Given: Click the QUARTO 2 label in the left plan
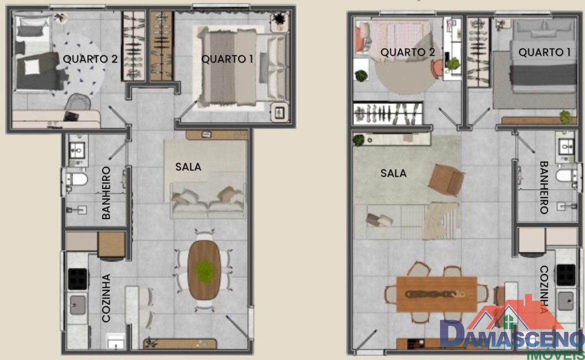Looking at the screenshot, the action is [90, 59].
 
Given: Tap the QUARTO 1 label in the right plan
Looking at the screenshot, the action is [544, 52].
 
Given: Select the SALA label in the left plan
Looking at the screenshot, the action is [188, 167].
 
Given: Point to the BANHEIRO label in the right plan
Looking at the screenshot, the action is [543, 187].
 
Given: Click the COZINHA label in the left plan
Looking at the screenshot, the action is [106, 298].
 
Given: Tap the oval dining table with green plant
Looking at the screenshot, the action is [204, 269].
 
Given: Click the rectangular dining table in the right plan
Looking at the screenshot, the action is [436, 294].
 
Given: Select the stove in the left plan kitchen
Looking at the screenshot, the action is [77, 279].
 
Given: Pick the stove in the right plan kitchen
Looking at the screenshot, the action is [566, 275].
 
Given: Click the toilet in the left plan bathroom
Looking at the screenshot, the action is [77, 179].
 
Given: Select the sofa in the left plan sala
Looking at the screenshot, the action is [208, 200].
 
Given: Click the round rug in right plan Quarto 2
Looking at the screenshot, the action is [406, 74].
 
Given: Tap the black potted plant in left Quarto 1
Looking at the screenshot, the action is [278, 19].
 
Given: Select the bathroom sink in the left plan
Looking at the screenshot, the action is [77, 150].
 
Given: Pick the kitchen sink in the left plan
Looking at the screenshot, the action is [77, 305].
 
